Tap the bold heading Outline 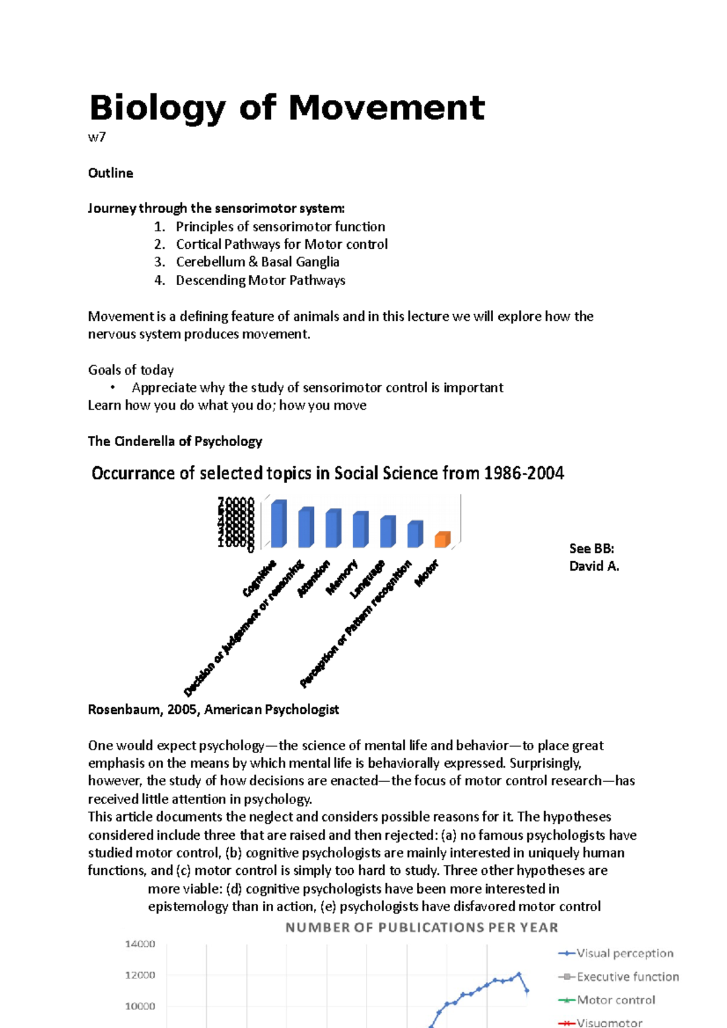tap(110, 173)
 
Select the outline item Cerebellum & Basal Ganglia tap(257, 262)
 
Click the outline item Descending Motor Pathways tap(261, 280)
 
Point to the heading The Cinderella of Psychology tap(174, 441)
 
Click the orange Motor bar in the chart tap(443, 539)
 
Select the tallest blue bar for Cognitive tap(279, 524)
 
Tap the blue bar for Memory tap(360, 530)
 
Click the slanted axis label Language tap(368, 579)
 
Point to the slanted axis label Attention tap(314, 578)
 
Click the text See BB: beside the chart tap(591, 549)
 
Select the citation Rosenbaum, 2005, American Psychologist tap(213, 710)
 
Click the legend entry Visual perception tap(624, 954)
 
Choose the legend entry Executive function tap(627, 977)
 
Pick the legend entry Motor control tap(616, 1000)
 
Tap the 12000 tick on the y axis tap(140, 975)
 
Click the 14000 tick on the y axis tap(140, 944)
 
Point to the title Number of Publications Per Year tap(422, 928)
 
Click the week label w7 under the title tap(97, 137)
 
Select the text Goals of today tap(131, 370)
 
